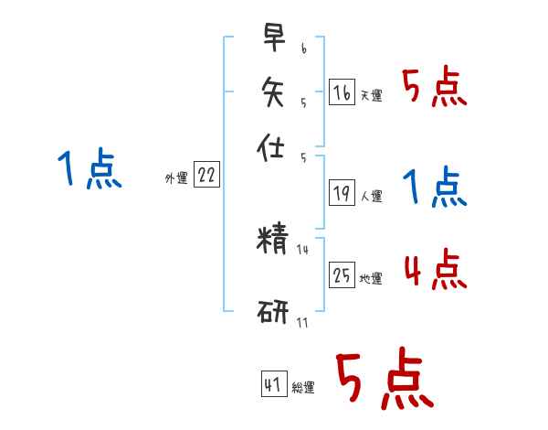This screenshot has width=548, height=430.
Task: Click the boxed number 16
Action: tap(342, 92)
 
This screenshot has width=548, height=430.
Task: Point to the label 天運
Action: tap(371, 95)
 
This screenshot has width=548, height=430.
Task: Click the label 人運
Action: tap(371, 196)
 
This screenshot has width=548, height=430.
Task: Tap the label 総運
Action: tap(302, 387)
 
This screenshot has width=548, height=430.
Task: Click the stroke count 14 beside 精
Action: tap(303, 250)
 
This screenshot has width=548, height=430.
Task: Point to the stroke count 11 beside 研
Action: tap(301, 321)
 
